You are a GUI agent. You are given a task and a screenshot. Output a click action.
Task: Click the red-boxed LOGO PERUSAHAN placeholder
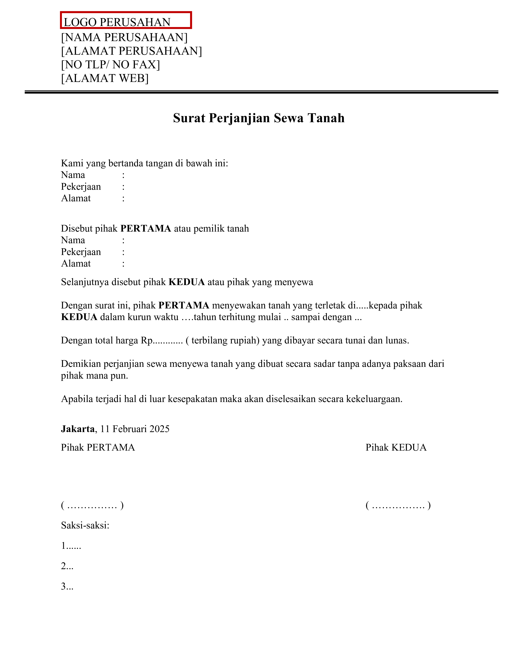click(x=126, y=21)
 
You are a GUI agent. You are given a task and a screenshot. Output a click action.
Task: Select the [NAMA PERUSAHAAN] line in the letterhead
click(x=124, y=37)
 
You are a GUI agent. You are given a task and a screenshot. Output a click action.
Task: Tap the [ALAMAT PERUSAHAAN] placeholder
click(x=131, y=51)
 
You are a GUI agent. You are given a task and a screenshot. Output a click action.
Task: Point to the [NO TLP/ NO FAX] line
click(x=111, y=64)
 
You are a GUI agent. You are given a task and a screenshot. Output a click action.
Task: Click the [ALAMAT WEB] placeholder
click(x=105, y=78)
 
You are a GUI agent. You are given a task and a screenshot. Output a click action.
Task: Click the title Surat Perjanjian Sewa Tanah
click(x=259, y=118)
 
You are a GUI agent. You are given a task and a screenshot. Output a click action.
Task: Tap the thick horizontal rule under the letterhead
click(x=261, y=92)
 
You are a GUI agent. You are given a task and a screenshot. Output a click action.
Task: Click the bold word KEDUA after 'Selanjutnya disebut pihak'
click(x=186, y=282)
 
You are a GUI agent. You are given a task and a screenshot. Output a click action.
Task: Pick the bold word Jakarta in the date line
click(x=78, y=429)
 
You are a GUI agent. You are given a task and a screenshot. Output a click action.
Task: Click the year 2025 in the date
click(x=160, y=429)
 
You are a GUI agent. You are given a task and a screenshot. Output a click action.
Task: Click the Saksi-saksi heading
click(x=85, y=525)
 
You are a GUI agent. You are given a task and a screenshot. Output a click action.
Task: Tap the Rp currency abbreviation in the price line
click(x=146, y=340)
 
